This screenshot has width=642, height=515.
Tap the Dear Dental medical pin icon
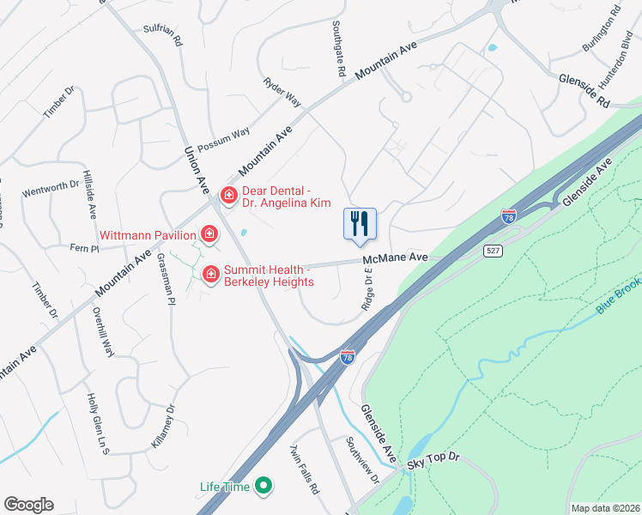point(229,196)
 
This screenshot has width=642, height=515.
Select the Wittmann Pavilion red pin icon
point(209,233)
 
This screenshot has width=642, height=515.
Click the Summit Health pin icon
point(209,274)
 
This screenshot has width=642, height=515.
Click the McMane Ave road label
point(395,257)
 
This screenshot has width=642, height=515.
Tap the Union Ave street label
point(197,168)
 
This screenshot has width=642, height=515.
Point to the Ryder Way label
point(282,93)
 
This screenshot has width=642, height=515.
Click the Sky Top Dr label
point(434,462)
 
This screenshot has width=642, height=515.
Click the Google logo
point(28,505)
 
